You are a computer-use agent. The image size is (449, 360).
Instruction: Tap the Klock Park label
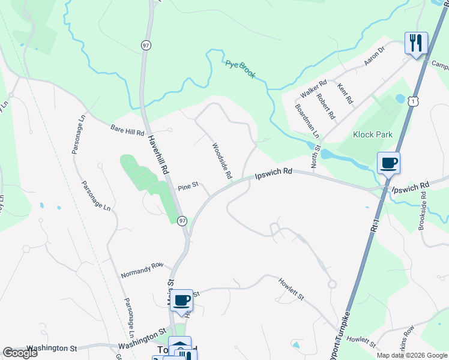point(373,134)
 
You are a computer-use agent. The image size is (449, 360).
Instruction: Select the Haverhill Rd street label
point(157,155)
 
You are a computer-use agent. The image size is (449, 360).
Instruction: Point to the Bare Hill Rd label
point(127,130)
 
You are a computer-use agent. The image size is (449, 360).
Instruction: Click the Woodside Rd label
point(221,161)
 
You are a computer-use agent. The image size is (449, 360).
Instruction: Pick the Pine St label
point(187,188)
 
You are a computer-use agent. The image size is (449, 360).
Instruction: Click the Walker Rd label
point(313,89)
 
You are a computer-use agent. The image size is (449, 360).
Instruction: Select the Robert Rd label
point(326,106)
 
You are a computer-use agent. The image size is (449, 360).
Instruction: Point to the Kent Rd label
point(345,94)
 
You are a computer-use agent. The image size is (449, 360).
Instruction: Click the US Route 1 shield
point(412,102)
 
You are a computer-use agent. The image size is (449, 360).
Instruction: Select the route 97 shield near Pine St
point(182,220)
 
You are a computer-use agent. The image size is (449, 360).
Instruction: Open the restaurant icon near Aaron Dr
point(416,43)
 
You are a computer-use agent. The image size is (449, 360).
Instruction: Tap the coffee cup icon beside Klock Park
point(388,163)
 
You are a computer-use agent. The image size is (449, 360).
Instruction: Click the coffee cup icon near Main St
point(181,301)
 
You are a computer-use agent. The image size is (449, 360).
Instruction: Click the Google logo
point(20,353)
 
